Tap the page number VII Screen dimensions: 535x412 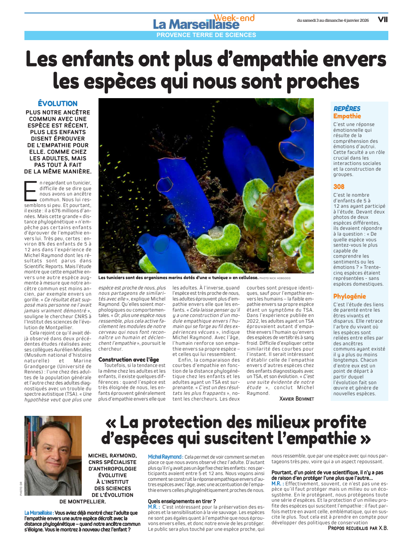(383, 19)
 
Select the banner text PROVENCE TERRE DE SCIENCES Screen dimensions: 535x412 (206, 35)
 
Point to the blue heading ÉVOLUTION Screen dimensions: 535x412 (58, 103)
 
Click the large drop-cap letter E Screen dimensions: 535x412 (31, 191)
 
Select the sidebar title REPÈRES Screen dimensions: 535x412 (347, 109)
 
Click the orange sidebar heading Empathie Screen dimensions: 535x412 (347, 116)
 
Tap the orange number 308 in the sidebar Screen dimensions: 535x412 (339, 187)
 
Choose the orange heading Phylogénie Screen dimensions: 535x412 (349, 296)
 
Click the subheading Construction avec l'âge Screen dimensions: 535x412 (129, 359)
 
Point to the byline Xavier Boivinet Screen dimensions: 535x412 (297, 399)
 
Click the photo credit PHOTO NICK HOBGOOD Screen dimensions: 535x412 (275, 278)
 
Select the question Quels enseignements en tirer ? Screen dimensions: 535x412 (182, 501)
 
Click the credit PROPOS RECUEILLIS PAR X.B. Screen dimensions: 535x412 (358, 528)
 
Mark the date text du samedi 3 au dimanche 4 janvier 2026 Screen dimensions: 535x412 (333, 20)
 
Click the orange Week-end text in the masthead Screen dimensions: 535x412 (234, 18)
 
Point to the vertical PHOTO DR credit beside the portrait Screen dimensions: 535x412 (21, 488)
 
